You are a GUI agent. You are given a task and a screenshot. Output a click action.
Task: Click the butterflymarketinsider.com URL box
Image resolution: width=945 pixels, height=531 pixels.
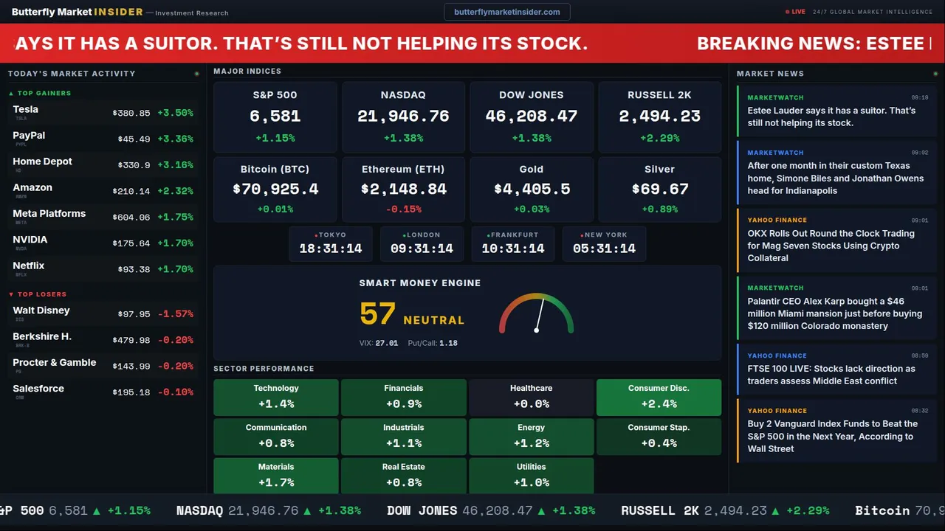[506, 12]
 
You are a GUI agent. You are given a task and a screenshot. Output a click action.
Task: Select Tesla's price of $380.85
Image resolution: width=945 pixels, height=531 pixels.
[131, 114]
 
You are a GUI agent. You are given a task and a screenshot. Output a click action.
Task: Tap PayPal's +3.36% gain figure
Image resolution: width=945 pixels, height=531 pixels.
[175, 139]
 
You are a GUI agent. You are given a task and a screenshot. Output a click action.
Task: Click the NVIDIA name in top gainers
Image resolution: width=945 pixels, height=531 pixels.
[30, 240]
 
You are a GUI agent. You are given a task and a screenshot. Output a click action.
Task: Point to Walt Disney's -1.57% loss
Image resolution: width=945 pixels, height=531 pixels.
[175, 314]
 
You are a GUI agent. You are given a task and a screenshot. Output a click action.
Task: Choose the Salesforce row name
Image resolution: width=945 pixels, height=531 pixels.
[38, 389]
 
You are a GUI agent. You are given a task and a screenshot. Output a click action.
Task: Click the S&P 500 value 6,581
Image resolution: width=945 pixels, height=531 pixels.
[275, 117]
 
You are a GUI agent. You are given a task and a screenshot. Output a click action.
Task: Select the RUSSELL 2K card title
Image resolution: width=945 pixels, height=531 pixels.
[659, 95]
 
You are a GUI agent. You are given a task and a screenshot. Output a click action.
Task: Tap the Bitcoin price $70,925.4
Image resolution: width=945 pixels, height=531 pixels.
[275, 190]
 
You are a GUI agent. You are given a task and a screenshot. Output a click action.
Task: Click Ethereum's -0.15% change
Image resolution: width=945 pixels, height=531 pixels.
[403, 209]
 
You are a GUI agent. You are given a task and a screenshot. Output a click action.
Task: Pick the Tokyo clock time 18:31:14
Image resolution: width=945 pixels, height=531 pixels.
[331, 249]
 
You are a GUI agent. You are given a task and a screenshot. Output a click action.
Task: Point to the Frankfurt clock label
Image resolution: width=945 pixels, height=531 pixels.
[515, 235]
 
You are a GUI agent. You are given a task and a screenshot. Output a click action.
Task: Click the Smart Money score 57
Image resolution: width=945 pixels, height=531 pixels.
[378, 314]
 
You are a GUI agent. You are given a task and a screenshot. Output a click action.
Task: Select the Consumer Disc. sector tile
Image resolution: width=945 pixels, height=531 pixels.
[659, 397]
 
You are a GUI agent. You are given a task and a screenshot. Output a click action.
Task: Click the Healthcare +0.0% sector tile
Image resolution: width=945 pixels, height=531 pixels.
[531, 397]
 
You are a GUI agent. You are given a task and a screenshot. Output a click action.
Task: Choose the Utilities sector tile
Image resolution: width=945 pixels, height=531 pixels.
[531, 475]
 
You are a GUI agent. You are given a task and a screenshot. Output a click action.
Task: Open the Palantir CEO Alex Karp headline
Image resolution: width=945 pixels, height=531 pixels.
[834, 313]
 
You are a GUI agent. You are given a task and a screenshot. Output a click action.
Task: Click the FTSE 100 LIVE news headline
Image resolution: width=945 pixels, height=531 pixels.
[831, 375]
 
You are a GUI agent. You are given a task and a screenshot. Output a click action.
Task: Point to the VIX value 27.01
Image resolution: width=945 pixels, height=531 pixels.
[386, 343]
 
